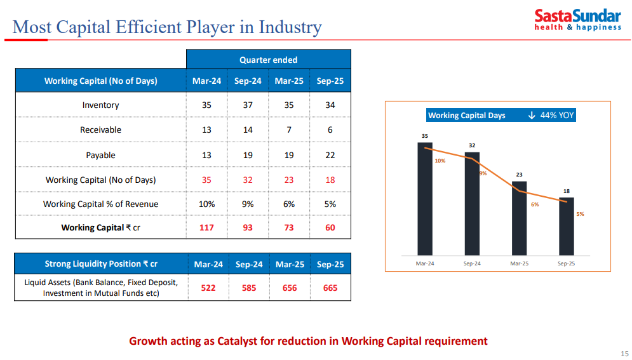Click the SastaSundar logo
577,19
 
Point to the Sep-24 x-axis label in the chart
472,263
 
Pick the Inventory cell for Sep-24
248,105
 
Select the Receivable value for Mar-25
289,130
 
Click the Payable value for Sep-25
330,155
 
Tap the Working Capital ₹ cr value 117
206,227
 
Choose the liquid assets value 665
330,288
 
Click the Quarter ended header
268,60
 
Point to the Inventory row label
100,105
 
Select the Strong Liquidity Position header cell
100,264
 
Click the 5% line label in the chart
580,214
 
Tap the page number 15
624,354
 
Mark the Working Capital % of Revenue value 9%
248,204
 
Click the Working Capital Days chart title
467,115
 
